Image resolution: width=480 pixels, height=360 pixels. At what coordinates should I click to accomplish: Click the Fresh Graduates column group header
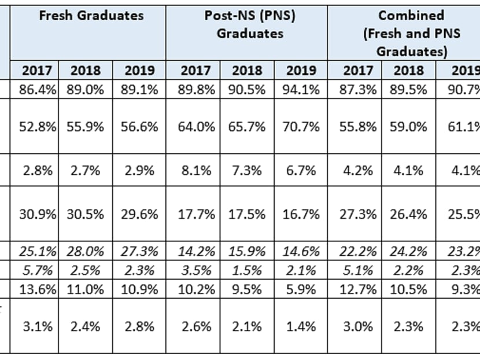pyautogui.click(x=91, y=16)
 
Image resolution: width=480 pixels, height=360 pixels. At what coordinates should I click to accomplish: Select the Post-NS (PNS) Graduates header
pyautogui.click(x=250, y=24)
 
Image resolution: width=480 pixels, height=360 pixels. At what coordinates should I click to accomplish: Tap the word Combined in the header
pyautogui.click(x=412, y=15)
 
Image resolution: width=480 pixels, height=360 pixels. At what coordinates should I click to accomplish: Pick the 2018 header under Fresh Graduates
pyautogui.click(x=85, y=71)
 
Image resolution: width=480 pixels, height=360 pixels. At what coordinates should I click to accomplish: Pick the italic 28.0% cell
pyautogui.click(x=85, y=252)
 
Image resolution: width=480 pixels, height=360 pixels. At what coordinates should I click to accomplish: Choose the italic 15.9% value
pyautogui.click(x=246, y=252)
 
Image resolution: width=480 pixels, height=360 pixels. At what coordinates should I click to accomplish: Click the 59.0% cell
pyautogui.click(x=408, y=127)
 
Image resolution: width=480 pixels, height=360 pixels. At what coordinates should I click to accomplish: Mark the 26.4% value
pyautogui.click(x=408, y=214)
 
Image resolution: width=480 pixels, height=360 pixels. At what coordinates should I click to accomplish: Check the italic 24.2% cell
pyautogui.click(x=408, y=252)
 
